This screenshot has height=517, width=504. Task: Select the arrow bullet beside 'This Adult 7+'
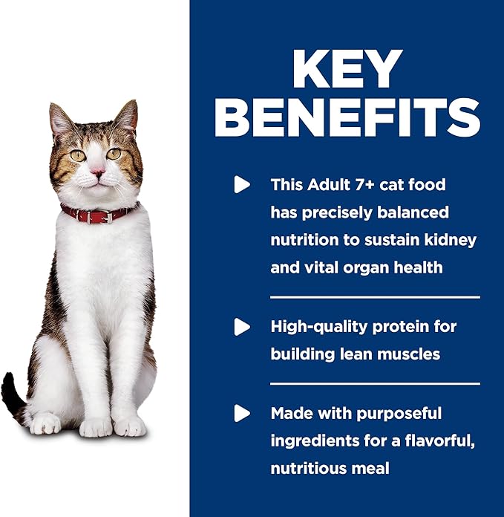[242, 184]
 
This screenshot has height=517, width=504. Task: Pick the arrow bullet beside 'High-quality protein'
[242, 326]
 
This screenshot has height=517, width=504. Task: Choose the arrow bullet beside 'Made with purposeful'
[242, 413]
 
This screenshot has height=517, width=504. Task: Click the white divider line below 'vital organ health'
[374, 296]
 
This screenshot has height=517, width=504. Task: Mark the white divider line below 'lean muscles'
[374, 383]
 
